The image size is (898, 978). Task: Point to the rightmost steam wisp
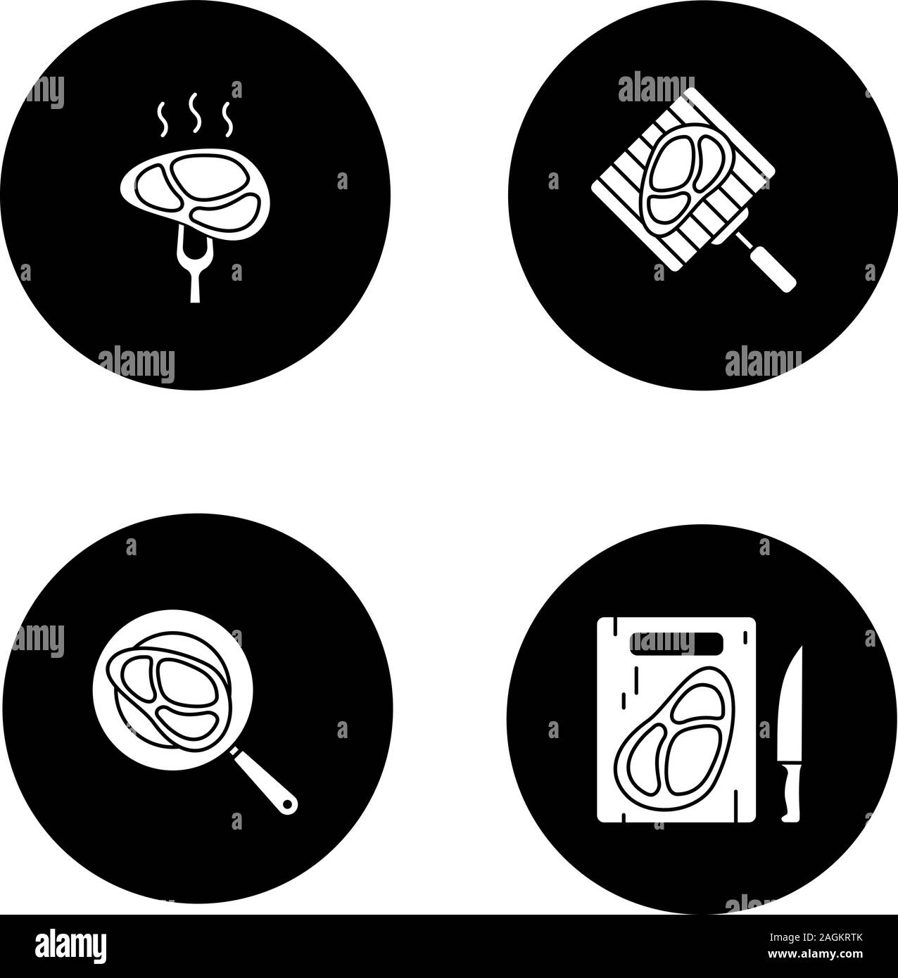click(227, 120)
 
